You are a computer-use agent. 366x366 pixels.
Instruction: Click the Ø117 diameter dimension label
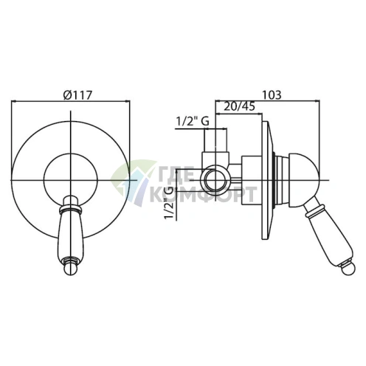point(77,95)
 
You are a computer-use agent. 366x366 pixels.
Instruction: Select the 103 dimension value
point(272,95)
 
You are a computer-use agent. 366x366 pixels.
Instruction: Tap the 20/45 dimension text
point(239,106)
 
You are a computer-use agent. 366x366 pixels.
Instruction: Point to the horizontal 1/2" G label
point(193,121)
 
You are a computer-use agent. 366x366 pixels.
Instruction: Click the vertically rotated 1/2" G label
point(170,203)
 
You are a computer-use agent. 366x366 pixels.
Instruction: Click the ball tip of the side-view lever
point(348,270)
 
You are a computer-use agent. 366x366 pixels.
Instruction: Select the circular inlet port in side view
point(215,180)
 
